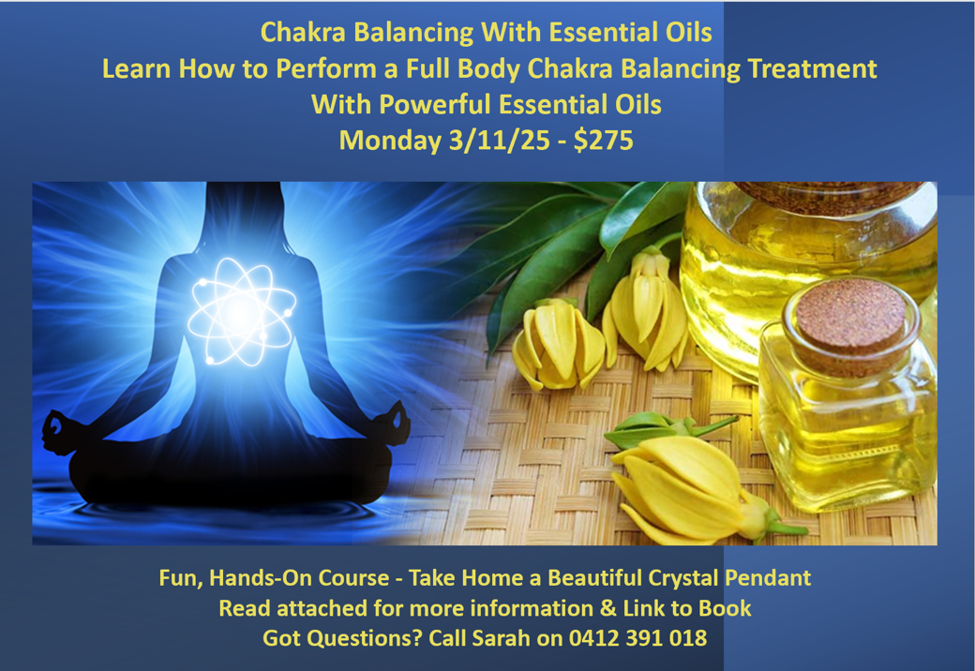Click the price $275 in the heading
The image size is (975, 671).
[x=603, y=140]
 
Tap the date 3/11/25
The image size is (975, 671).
[x=500, y=141]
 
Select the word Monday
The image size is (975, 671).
[x=390, y=142]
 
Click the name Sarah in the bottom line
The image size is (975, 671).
[x=501, y=638]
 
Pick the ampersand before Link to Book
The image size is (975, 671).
[x=608, y=608]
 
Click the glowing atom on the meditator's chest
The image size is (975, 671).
[x=242, y=312]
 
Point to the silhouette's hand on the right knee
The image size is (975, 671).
[x=396, y=423]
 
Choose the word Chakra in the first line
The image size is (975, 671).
[x=303, y=32]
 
